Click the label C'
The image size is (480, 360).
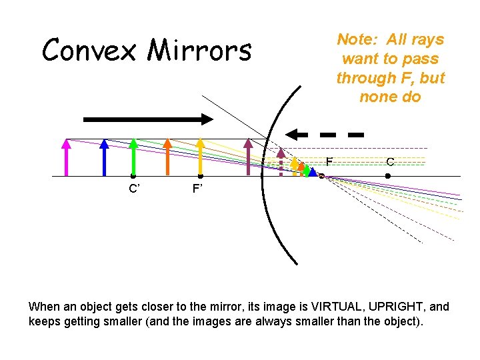[x=134, y=189]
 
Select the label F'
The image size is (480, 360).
[x=198, y=189]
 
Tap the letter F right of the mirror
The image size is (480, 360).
[x=329, y=162]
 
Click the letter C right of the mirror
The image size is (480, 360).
[x=390, y=162]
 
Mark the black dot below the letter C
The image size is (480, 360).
[x=388, y=176]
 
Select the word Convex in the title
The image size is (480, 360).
[x=91, y=50]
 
